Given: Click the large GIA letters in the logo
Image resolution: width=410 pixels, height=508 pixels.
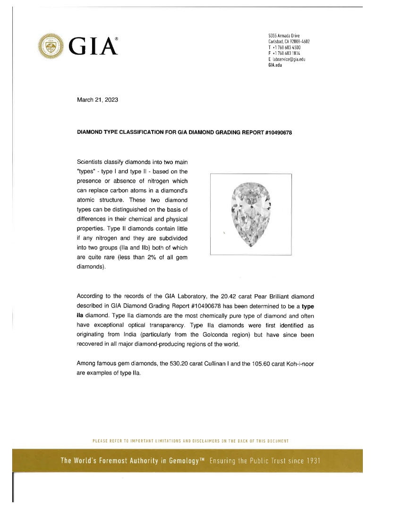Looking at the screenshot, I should tap(93, 46).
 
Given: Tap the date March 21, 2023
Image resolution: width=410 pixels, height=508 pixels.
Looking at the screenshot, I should tap(97, 100).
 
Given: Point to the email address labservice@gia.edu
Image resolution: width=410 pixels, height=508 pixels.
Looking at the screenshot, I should tap(289, 59).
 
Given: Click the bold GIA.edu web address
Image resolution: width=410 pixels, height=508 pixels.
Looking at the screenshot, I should tap(275, 65).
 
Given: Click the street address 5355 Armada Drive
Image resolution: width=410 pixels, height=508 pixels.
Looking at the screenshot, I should tap(284, 36).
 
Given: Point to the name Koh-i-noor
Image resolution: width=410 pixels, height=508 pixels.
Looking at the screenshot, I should tap(298, 364).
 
